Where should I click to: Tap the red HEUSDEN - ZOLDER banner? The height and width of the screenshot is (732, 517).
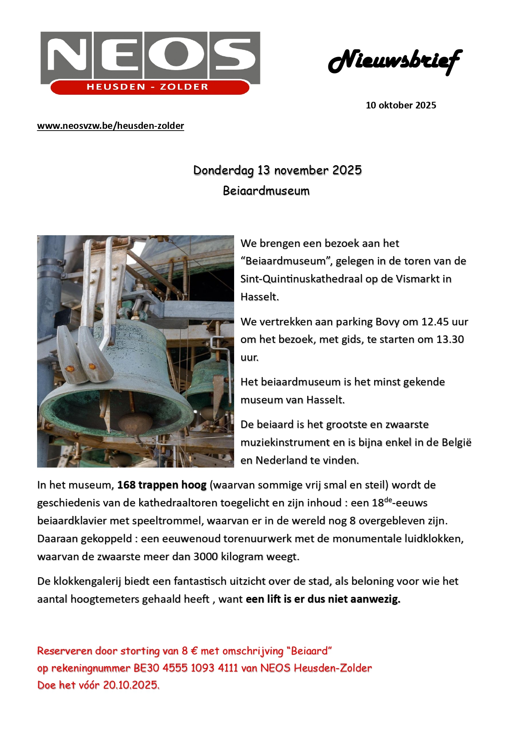point(147,87)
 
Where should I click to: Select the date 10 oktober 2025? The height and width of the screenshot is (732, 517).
point(401,105)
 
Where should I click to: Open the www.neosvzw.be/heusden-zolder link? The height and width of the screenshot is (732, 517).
point(110,126)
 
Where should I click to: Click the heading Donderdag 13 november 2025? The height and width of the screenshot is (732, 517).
point(277,170)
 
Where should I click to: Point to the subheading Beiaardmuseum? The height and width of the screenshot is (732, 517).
point(266,191)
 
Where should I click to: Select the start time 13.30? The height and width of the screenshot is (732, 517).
point(450,339)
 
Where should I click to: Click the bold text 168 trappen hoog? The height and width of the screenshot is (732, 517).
point(162,485)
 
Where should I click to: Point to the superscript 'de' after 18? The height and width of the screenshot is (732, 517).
point(388,499)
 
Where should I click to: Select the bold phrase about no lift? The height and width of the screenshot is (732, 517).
point(323,599)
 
